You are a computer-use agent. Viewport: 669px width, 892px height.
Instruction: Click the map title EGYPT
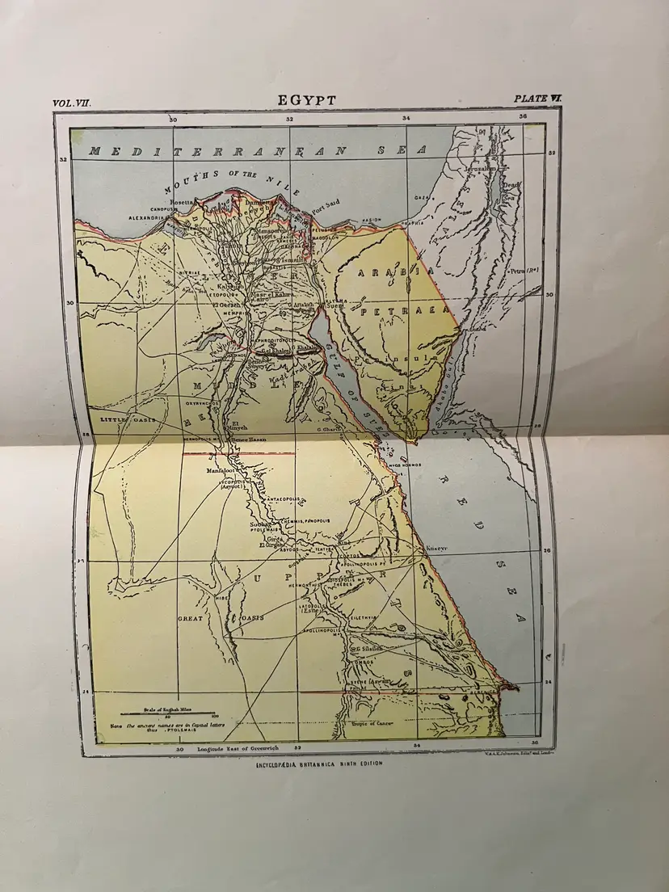pyautogui.click(x=307, y=99)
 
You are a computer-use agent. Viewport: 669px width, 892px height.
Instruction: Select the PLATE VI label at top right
pyautogui.click(x=538, y=99)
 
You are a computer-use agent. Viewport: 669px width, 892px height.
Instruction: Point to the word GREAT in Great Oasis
pyautogui.click(x=191, y=618)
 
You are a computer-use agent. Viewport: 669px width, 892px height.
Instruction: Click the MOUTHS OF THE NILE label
pyautogui.click(x=231, y=181)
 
